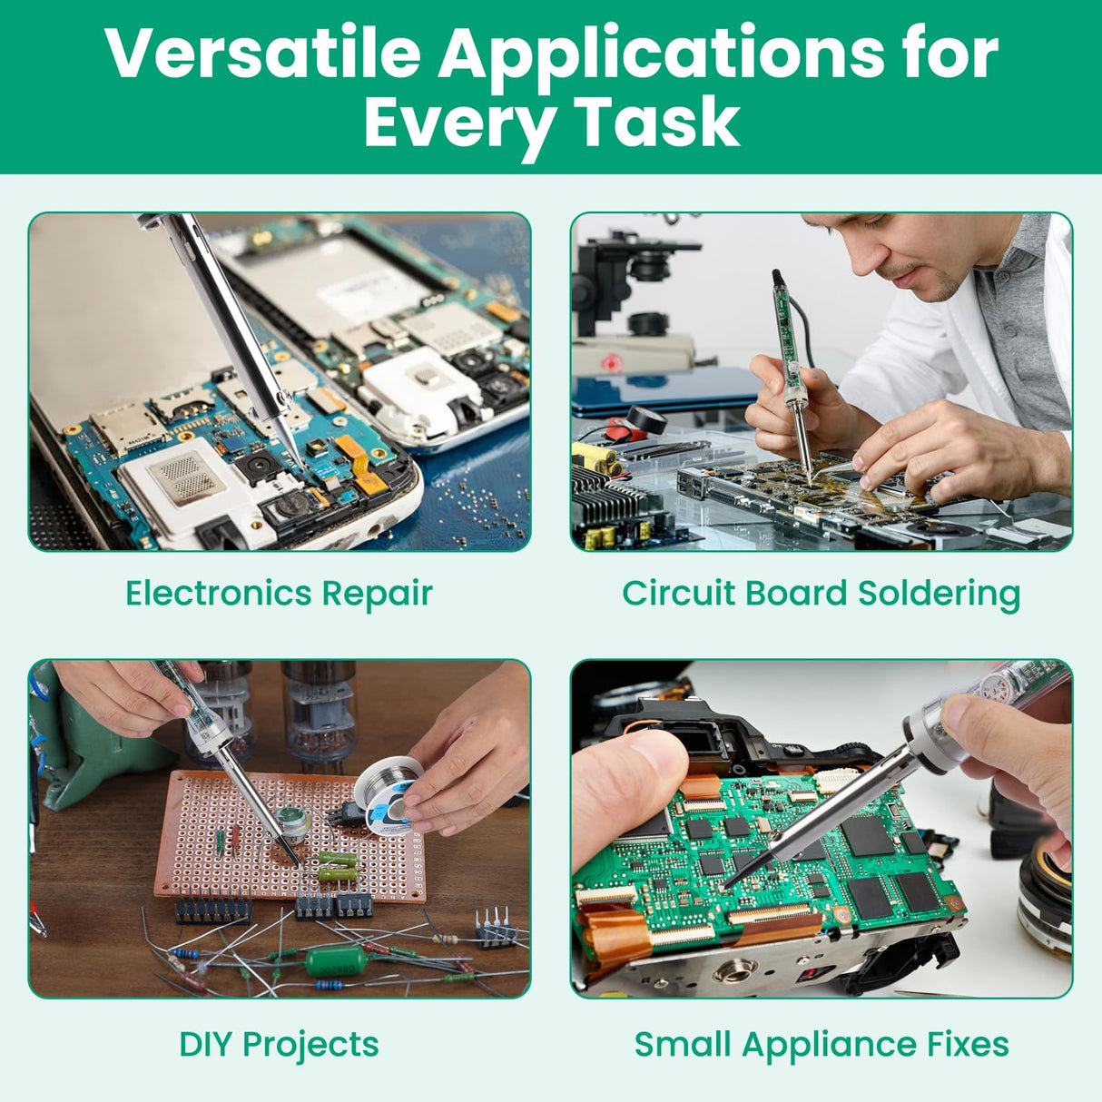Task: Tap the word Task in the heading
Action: (x=657, y=122)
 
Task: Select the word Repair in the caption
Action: (x=377, y=595)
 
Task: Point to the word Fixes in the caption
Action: (x=968, y=1045)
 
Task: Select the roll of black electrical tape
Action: (x=647, y=420)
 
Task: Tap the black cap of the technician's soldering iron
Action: (x=778, y=279)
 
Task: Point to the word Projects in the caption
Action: (x=310, y=1047)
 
